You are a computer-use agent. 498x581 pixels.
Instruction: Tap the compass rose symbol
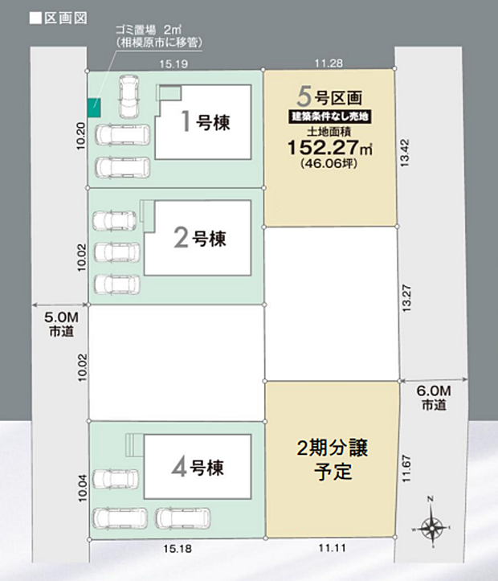point(431,527)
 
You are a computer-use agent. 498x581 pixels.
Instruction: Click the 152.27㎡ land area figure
point(330,147)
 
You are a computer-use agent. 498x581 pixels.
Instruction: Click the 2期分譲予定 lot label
point(331,458)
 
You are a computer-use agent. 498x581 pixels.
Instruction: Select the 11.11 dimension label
point(331,548)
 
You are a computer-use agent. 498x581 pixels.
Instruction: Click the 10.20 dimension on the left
point(79,135)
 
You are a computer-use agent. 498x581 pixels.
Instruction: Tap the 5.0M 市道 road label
point(59,324)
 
